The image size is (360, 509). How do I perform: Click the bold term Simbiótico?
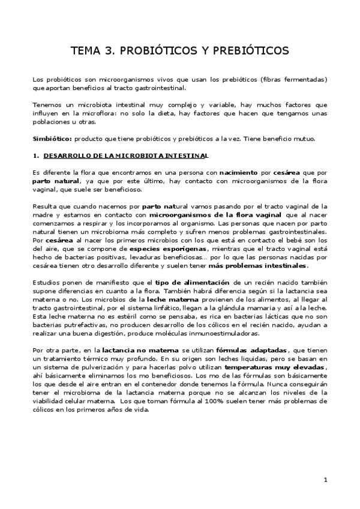52,139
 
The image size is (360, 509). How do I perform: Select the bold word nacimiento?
240,173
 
